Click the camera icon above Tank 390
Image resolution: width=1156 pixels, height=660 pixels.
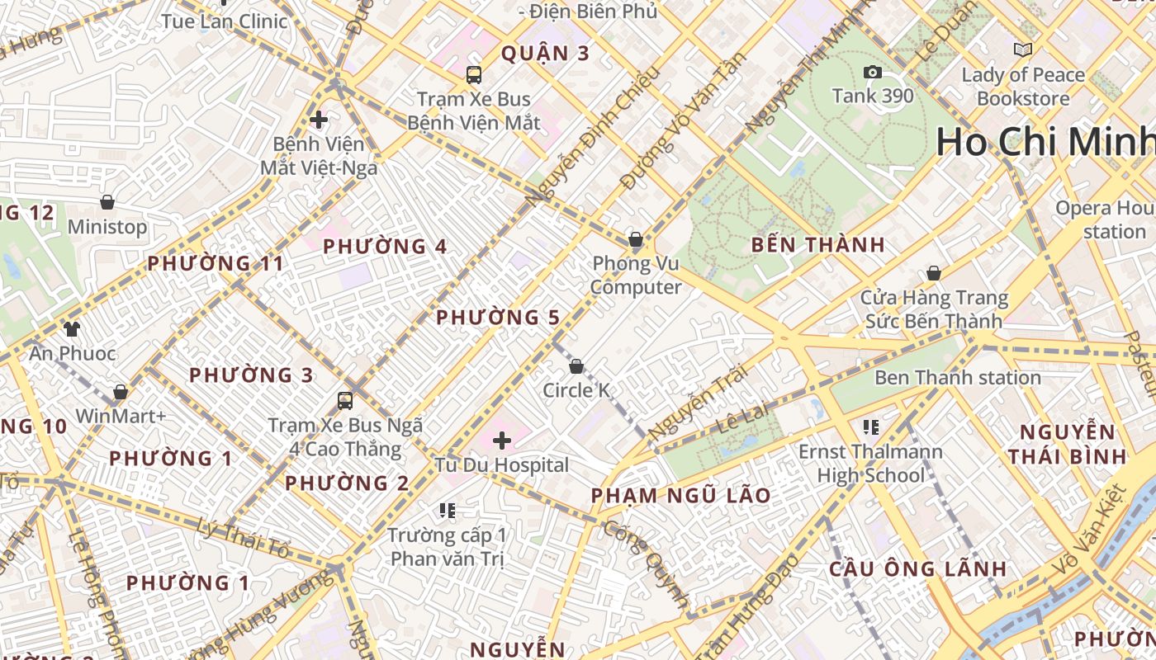click(872, 73)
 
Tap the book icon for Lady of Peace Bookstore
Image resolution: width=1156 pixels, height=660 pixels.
click(1023, 50)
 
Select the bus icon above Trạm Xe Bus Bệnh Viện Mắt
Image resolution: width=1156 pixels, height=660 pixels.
click(474, 75)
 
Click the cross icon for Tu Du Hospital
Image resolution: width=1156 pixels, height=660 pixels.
click(502, 440)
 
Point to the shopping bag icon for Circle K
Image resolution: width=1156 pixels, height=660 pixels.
click(576, 365)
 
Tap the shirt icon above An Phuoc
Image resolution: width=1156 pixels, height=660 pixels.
click(72, 329)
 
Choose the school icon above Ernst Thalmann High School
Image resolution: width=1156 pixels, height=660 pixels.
click(870, 427)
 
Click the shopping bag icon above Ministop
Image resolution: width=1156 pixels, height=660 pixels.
click(107, 202)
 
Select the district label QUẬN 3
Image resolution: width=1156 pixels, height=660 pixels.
click(546, 54)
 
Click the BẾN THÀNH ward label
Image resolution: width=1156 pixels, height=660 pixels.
click(818, 245)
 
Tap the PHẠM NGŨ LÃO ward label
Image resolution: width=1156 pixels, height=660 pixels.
click(681, 496)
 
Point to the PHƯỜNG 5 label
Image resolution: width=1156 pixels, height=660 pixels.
click(498, 318)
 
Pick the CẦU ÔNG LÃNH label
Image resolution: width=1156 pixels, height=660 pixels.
click(917, 568)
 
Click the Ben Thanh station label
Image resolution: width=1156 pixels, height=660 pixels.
click(957, 378)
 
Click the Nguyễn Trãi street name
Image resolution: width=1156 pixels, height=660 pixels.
click(698, 402)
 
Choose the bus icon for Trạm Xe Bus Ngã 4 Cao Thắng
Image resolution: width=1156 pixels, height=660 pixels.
click(345, 401)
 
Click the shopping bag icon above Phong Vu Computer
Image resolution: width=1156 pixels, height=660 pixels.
click(636, 240)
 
